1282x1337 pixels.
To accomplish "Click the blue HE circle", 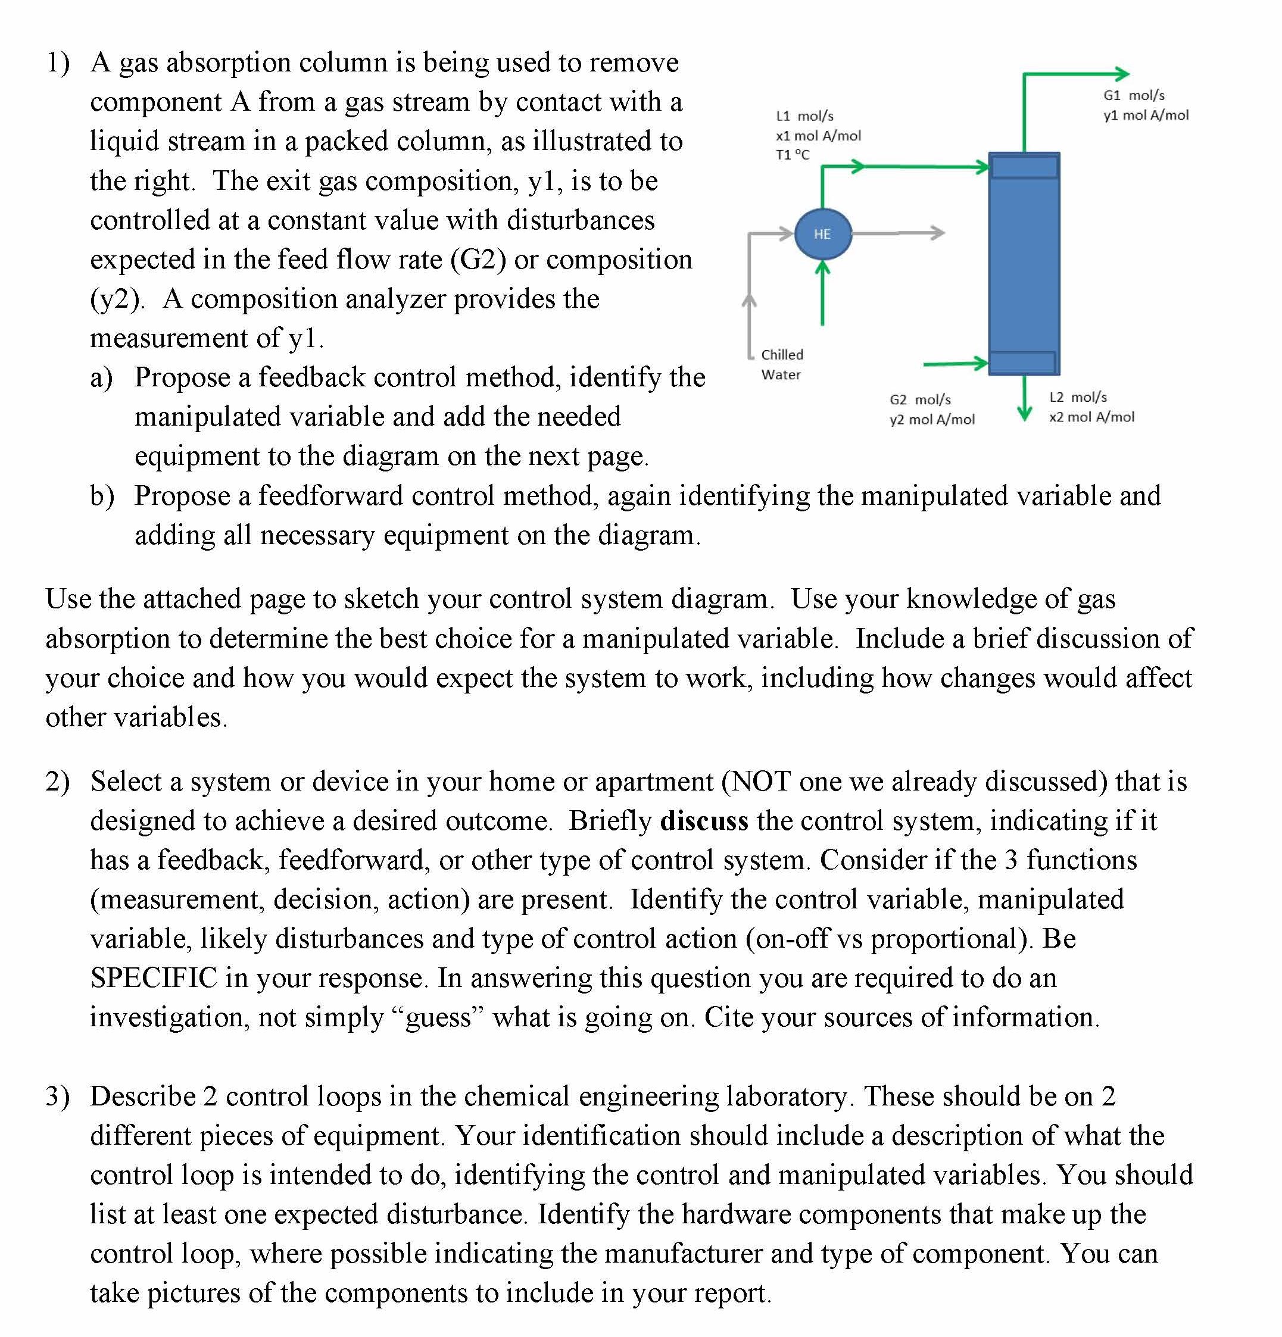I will (822, 234).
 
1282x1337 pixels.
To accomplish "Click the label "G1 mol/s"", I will (1133, 95).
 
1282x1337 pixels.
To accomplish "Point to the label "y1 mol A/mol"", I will (1146, 115).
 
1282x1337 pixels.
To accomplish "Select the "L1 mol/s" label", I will (804, 116).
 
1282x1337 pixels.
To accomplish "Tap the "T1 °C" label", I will (792, 155).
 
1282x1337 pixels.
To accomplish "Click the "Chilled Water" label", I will (782, 364).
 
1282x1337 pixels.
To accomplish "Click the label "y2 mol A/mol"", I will (932, 420).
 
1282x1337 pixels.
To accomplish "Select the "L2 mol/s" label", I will (1078, 397).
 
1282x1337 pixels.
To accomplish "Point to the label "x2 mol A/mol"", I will (1091, 417).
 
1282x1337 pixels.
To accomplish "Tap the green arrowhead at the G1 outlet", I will (1121, 74).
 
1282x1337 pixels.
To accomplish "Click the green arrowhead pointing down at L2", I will (1024, 412).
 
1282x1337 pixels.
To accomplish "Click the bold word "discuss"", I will (704, 821).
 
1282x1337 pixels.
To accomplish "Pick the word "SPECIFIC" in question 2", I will (154, 978).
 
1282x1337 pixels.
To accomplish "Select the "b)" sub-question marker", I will (102, 496).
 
